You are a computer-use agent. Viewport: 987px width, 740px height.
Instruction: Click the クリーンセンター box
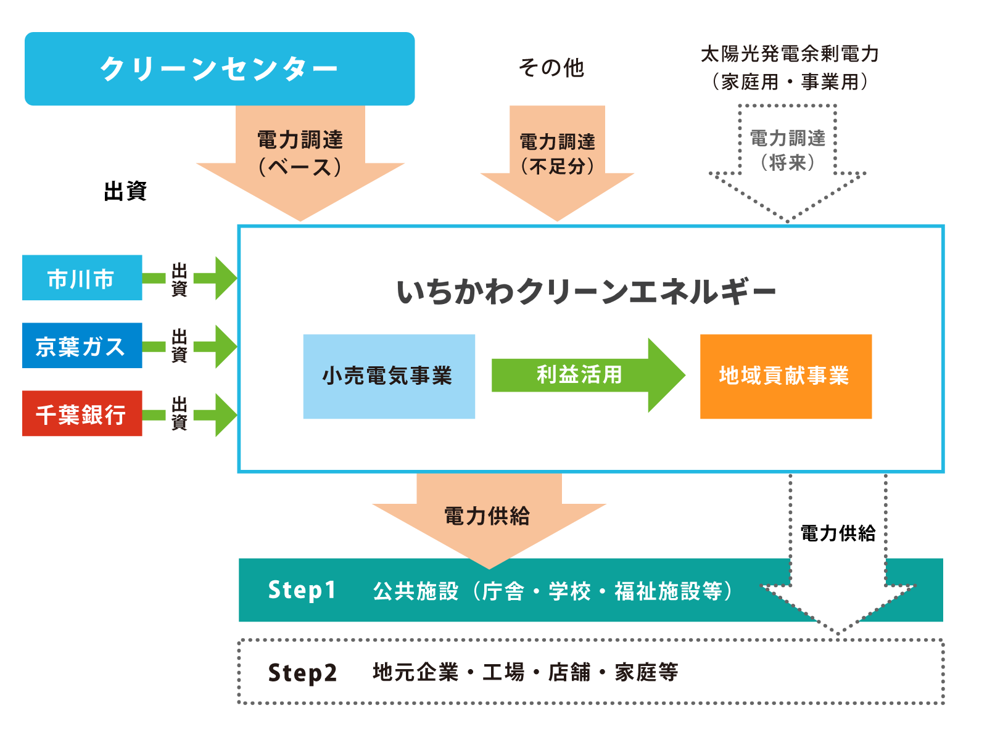click(x=220, y=69)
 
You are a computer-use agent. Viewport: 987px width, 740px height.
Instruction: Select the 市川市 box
click(x=82, y=278)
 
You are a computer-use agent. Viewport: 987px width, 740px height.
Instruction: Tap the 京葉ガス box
click(x=82, y=345)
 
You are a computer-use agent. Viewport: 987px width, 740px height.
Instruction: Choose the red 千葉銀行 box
click(x=82, y=414)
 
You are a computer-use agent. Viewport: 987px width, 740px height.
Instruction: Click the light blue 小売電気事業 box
click(x=389, y=377)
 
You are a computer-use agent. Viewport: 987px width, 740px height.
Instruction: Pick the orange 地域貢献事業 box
click(x=785, y=377)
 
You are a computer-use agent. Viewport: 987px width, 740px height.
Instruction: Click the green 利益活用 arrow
click(x=586, y=375)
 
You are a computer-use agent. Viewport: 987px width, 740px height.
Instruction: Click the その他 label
click(x=551, y=68)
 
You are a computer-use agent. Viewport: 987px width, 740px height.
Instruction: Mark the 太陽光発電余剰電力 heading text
click(x=789, y=55)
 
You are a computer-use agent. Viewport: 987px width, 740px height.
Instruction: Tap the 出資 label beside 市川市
click(x=179, y=279)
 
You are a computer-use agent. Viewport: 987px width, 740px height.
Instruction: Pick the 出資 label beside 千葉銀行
click(x=179, y=413)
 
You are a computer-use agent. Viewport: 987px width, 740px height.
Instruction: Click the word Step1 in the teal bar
click(x=302, y=590)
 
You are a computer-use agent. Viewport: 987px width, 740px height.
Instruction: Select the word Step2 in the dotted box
click(x=302, y=673)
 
